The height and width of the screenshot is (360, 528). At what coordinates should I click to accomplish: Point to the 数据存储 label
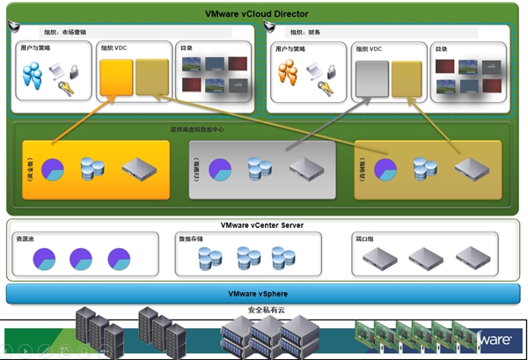point(192,239)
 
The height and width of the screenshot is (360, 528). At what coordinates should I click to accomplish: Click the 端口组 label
point(363,239)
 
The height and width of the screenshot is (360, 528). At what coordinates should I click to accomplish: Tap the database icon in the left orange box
point(92,167)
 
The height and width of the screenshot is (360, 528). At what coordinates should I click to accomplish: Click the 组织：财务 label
point(303,32)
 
